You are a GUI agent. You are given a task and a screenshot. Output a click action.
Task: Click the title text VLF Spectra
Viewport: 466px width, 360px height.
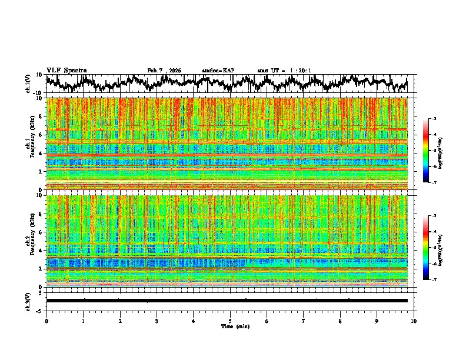coord(66,70)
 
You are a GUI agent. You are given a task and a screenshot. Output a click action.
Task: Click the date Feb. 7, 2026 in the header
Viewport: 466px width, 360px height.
coord(164,71)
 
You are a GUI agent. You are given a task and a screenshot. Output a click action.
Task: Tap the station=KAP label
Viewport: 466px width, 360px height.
coord(218,71)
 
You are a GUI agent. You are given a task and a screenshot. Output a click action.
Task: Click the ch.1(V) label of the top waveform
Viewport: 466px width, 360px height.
coord(28,84)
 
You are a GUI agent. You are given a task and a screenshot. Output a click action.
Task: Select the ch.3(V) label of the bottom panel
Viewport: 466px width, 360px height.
coord(28,300)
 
